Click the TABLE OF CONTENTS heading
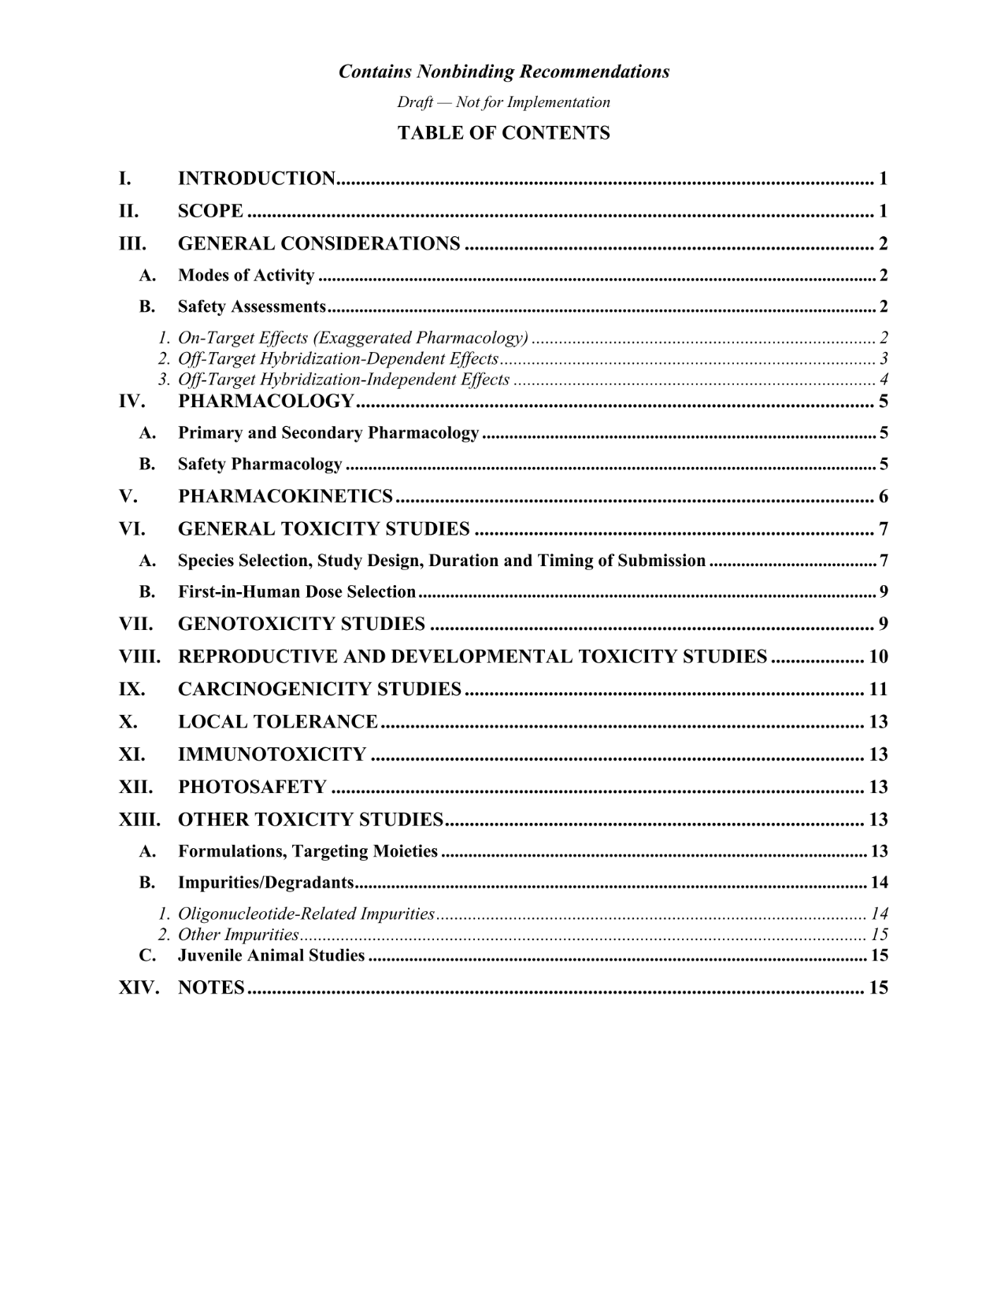click(x=503, y=133)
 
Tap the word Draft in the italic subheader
click(x=413, y=102)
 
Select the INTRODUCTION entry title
click(x=257, y=179)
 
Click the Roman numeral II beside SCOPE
click(x=128, y=211)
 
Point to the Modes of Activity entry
click(x=246, y=276)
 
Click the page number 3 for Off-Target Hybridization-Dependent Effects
click(x=884, y=359)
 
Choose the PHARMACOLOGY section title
click(x=266, y=402)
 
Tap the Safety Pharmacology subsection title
click(x=260, y=465)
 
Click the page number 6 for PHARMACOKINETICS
click(x=884, y=497)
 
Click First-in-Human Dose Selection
click(x=296, y=591)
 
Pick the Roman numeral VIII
click(x=139, y=657)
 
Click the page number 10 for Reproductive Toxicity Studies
click(x=878, y=657)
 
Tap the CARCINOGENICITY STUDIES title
click(x=320, y=690)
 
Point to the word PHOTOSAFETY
click(x=252, y=787)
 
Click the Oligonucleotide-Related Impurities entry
click(x=306, y=914)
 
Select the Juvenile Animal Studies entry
click(x=271, y=956)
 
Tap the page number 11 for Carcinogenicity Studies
click(x=878, y=690)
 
